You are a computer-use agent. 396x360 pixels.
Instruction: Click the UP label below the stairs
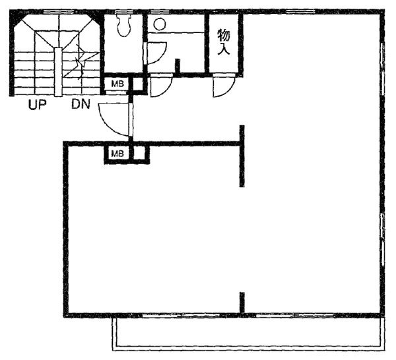(37, 105)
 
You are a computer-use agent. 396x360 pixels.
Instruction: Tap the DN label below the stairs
(81, 104)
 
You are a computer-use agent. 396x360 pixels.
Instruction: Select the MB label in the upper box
(117, 84)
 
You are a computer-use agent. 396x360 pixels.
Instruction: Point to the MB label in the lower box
(117, 153)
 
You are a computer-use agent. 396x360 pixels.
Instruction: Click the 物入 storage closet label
(224, 42)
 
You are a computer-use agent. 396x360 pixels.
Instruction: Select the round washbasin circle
(160, 24)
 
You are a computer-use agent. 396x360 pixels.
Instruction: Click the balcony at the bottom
(249, 334)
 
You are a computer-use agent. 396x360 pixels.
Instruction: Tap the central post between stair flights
(58, 72)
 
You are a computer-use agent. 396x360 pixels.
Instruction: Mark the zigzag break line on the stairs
(81, 62)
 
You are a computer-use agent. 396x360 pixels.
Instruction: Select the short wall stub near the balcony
(242, 303)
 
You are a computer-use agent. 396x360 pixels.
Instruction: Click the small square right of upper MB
(138, 84)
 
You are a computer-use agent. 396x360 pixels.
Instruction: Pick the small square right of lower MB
(139, 153)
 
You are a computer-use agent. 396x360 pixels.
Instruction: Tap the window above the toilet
(124, 12)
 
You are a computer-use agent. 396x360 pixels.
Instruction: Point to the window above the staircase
(59, 12)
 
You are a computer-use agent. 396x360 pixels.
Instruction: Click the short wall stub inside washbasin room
(178, 66)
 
